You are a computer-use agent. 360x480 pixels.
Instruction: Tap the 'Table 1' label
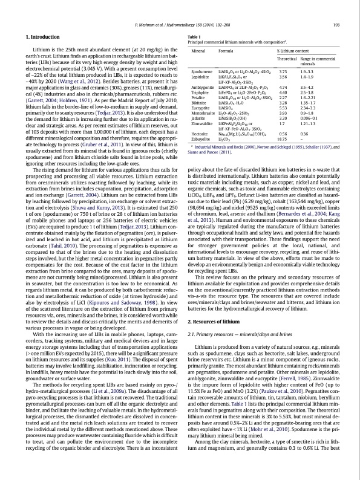(195, 37)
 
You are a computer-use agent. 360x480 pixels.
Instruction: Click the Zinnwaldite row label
(203, 123)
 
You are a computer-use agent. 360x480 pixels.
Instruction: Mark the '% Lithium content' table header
(295, 51)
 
